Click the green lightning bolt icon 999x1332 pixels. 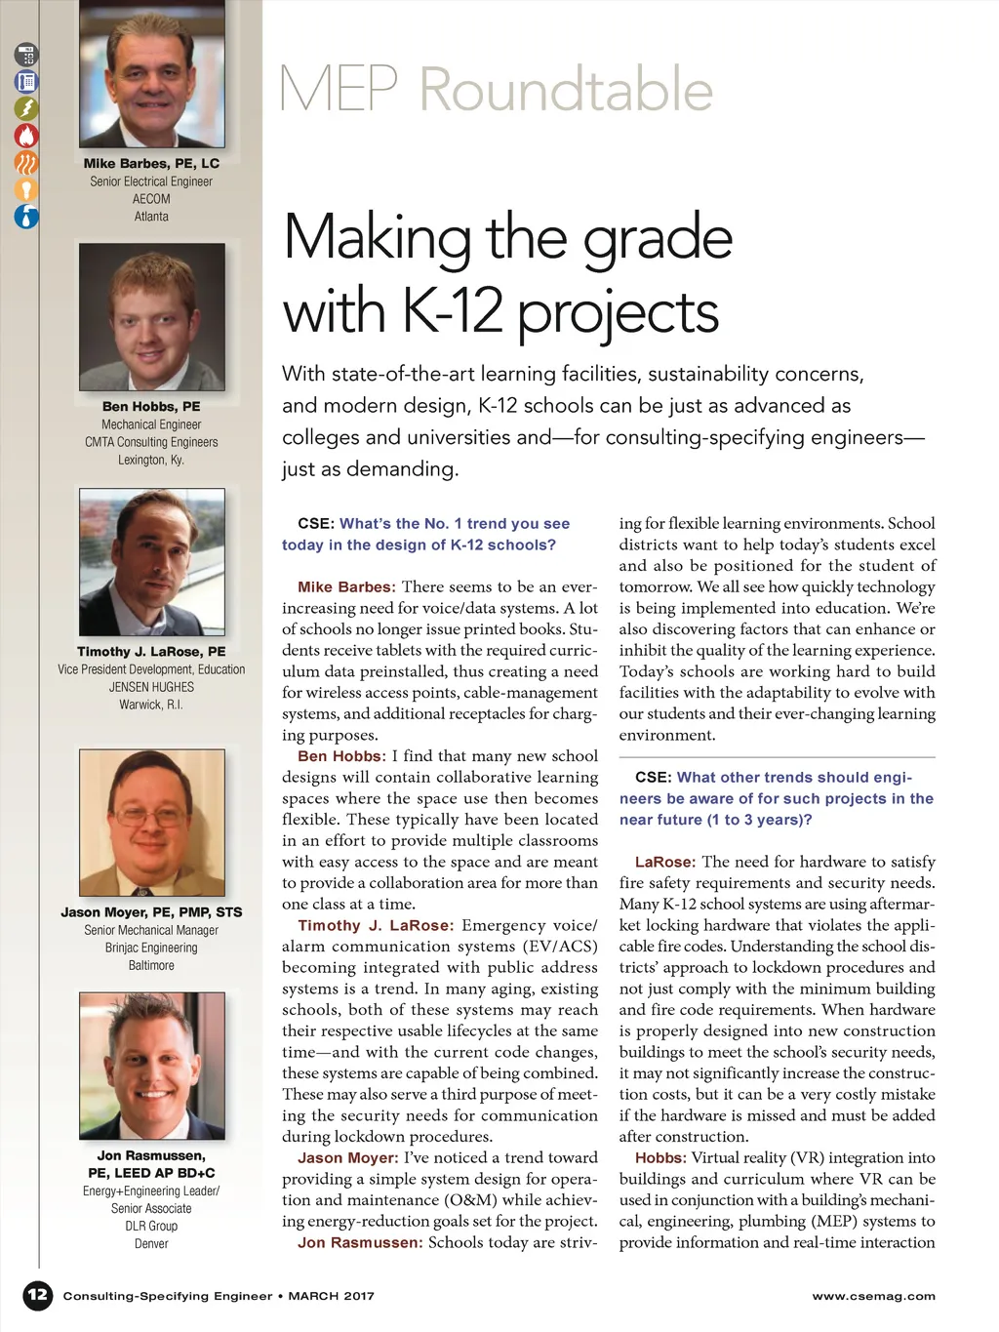click(x=26, y=108)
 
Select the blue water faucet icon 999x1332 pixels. click(x=26, y=216)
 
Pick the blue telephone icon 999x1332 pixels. click(x=26, y=82)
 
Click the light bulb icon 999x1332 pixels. click(x=26, y=189)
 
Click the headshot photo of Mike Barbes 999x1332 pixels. click(x=151, y=74)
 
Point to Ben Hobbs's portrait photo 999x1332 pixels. click(x=151, y=317)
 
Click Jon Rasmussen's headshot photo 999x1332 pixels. click(x=151, y=1066)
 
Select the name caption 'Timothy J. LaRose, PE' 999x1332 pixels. click(x=151, y=651)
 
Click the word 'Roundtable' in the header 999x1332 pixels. click(x=566, y=90)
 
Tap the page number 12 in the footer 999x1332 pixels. click(x=37, y=1295)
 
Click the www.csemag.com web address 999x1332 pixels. click(x=873, y=1296)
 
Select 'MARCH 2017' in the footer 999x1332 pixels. click(x=331, y=1296)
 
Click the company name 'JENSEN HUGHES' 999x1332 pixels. click(x=151, y=687)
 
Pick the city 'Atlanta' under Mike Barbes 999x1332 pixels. click(x=151, y=217)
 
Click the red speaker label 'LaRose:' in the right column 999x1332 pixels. click(x=665, y=863)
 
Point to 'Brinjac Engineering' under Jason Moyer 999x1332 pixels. click(x=151, y=948)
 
